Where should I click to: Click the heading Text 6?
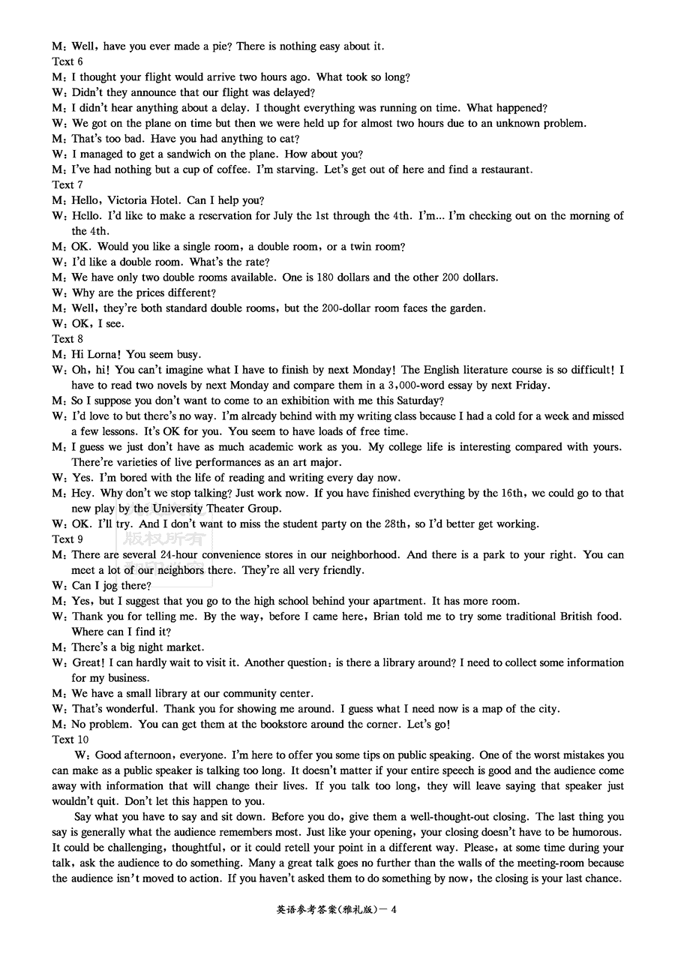pyautogui.click(x=67, y=62)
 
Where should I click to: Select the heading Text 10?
pyautogui.click(x=70, y=740)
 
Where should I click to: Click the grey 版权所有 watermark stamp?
pyautogui.click(x=164, y=539)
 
